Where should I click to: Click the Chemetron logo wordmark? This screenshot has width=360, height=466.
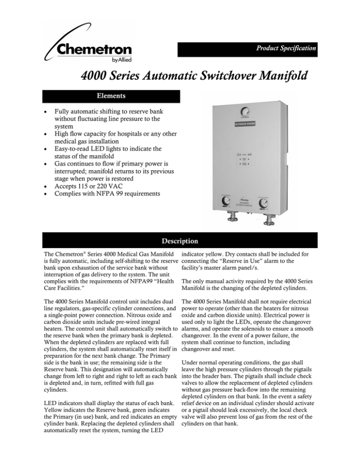click(94, 50)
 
